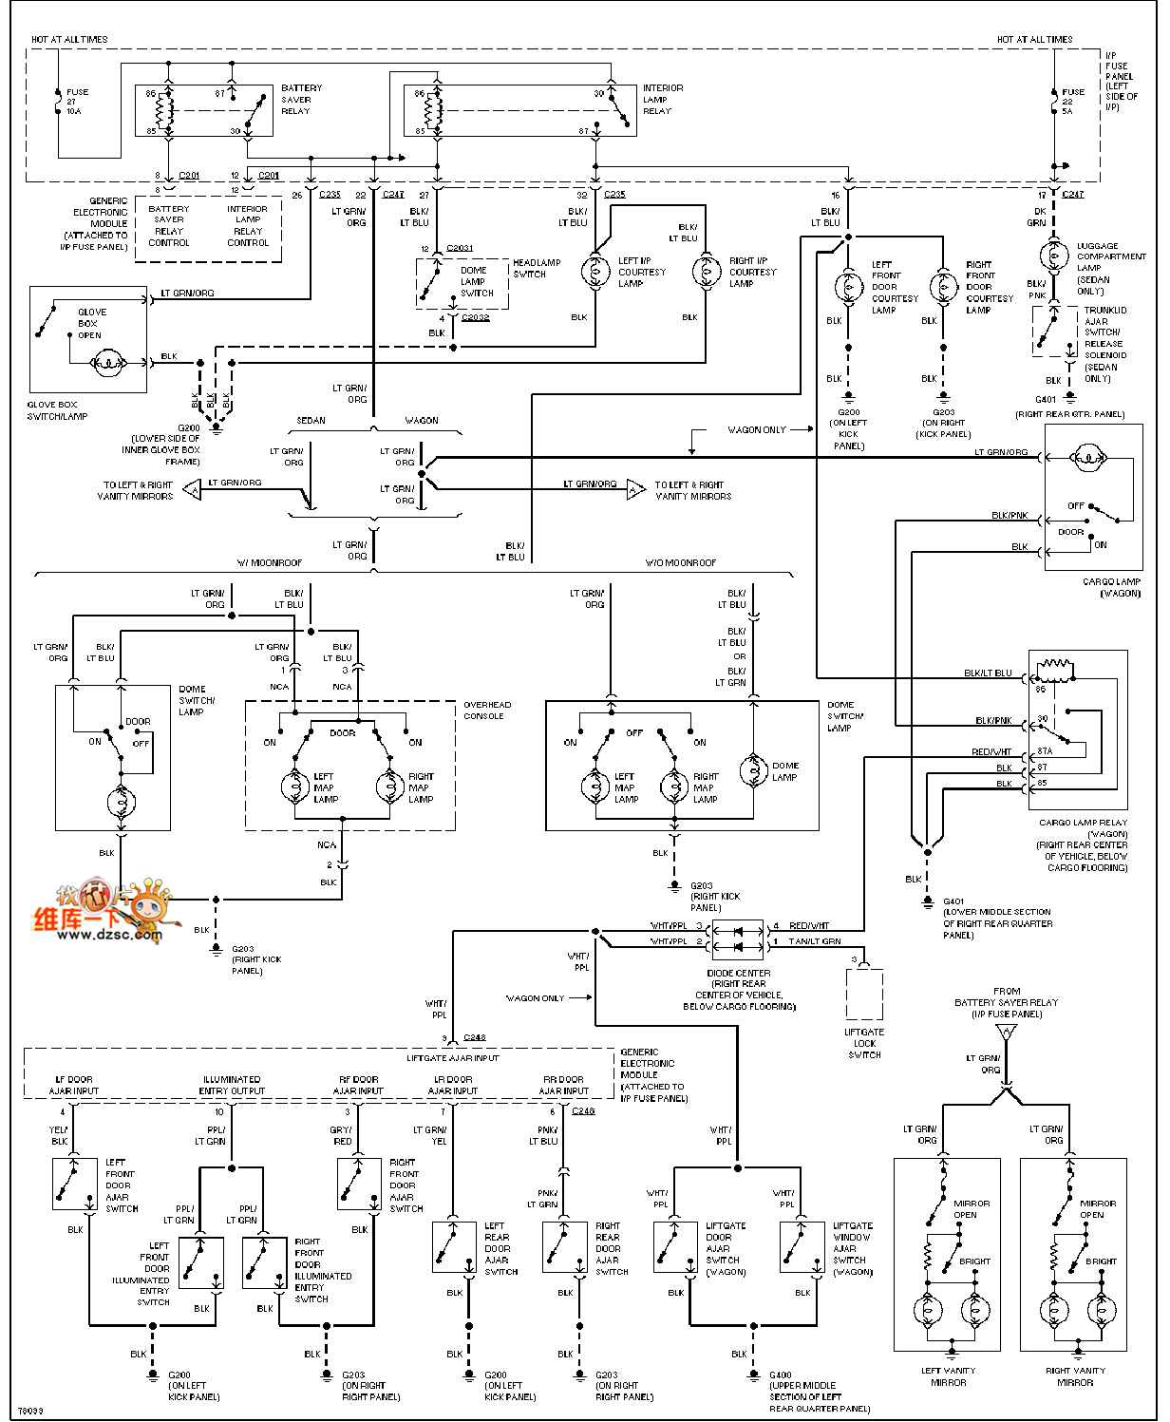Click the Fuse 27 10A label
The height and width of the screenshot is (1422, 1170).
(77, 102)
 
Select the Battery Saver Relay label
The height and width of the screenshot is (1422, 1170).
(301, 100)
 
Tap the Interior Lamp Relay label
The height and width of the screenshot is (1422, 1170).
(662, 100)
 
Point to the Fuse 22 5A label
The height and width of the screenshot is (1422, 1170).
(1072, 102)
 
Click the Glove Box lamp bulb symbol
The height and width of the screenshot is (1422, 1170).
(107, 363)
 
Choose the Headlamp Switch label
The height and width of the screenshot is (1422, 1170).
(537, 269)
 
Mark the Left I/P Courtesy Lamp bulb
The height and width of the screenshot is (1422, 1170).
(596, 272)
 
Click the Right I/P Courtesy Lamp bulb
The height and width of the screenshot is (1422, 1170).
(707, 273)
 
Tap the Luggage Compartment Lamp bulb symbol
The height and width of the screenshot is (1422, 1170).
(1053, 256)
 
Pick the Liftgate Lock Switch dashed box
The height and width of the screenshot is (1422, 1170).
(864, 994)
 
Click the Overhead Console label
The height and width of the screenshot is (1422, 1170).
(486, 711)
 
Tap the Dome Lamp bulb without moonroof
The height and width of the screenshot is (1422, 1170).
(754, 771)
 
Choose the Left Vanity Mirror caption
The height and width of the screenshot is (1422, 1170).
(948, 1376)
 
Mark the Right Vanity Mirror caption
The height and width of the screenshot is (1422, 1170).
(1075, 1376)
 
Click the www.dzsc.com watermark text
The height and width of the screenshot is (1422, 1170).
(109, 934)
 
